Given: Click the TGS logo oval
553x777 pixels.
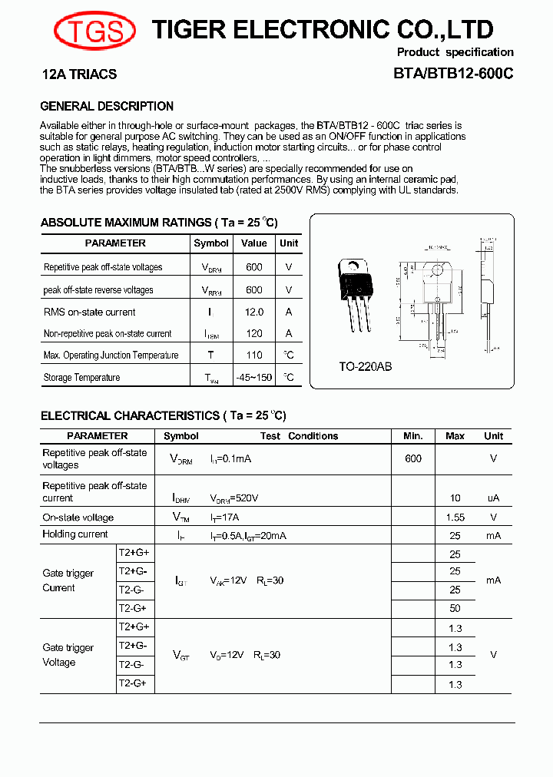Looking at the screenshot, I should point(94,31).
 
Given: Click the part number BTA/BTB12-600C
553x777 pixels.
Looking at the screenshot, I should point(453,74).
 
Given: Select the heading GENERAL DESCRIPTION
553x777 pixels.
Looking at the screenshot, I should point(107,106).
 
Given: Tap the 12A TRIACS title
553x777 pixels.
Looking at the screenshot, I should point(78,74).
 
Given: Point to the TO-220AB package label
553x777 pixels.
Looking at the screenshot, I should point(366,367).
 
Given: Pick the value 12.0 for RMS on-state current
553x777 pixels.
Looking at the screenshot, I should point(253,312).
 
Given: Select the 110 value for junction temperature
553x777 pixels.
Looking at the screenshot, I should point(253,355).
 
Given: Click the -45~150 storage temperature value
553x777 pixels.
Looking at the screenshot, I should point(253,377).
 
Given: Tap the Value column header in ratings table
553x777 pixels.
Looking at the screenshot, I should point(253,243).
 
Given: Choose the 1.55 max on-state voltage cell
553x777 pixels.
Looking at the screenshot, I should point(455,517).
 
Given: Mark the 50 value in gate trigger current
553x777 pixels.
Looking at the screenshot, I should point(455,608).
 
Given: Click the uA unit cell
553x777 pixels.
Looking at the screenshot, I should point(493,498).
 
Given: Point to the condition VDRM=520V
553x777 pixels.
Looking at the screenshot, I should point(234,498).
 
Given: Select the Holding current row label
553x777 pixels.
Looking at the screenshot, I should point(75,534).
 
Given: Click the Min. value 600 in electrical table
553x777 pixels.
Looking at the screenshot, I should point(413,458).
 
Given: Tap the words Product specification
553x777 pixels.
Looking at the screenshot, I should point(455,52).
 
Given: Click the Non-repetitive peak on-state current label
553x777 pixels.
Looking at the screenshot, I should point(108,334).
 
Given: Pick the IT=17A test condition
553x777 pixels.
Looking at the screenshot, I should point(225,517).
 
